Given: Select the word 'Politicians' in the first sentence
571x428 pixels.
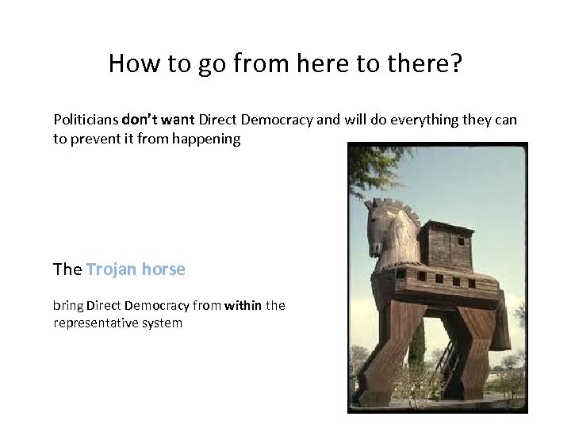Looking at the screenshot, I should pos(86,120).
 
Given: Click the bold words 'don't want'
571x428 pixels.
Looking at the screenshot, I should pos(159,120).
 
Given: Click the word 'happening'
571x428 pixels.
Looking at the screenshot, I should pos(208,139).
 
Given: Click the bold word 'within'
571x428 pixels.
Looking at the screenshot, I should pos(243,305).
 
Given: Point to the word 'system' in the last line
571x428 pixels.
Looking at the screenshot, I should pos(161,323).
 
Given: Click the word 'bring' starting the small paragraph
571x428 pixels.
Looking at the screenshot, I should pos(68,305).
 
